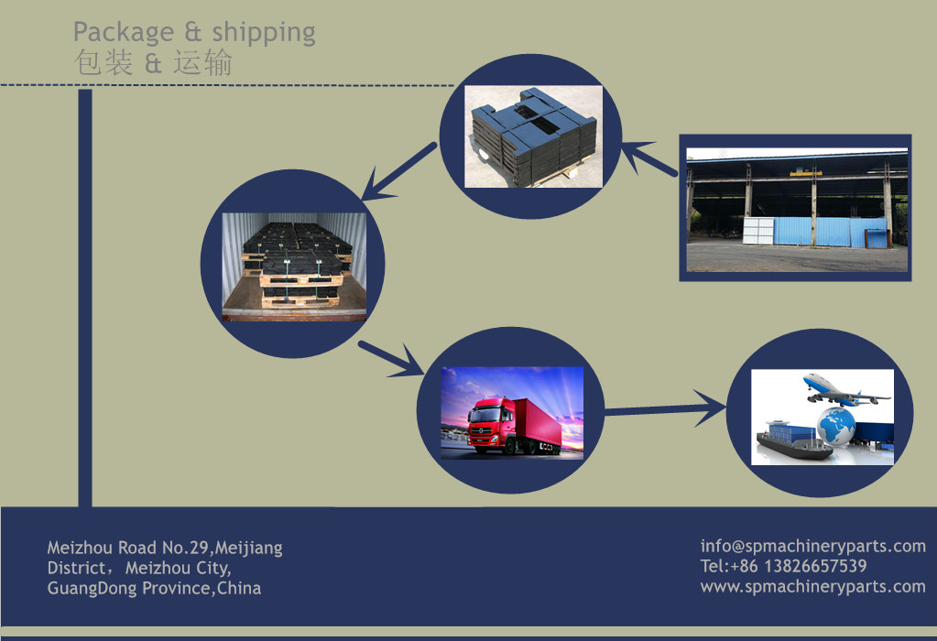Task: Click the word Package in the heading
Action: pyautogui.click(x=124, y=32)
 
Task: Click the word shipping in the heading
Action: pyautogui.click(x=264, y=33)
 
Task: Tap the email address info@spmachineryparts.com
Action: pyautogui.click(x=812, y=546)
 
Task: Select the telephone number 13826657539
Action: pyautogui.click(x=815, y=566)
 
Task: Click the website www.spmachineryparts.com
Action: pyautogui.click(x=812, y=587)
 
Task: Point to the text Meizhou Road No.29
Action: pyautogui.click(x=128, y=548)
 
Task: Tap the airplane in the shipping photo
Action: pyautogui.click(x=845, y=390)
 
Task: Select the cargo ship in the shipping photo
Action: pyautogui.click(x=793, y=440)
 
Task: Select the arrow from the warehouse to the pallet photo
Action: pyautogui.click(x=649, y=158)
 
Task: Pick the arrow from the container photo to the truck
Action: pyautogui.click(x=392, y=359)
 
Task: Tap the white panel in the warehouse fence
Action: pyautogui.click(x=757, y=231)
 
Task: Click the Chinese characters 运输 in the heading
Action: pyautogui.click(x=202, y=62)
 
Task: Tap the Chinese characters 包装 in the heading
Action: pyautogui.click(x=103, y=62)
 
